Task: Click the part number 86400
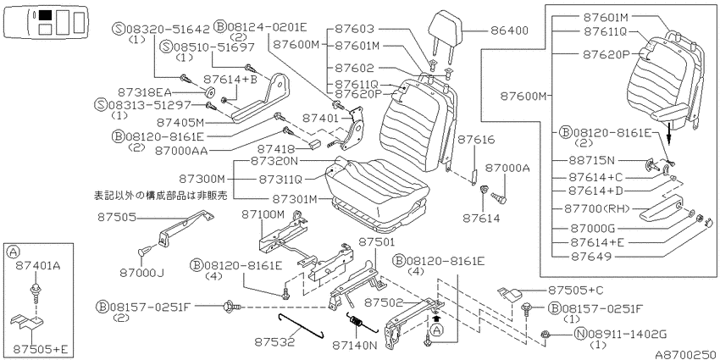(x=509, y=30)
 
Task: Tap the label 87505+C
(x=576, y=291)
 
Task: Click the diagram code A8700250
(x=686, y=354)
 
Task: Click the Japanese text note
(x=161, y=195)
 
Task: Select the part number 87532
(x=274, y=342)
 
